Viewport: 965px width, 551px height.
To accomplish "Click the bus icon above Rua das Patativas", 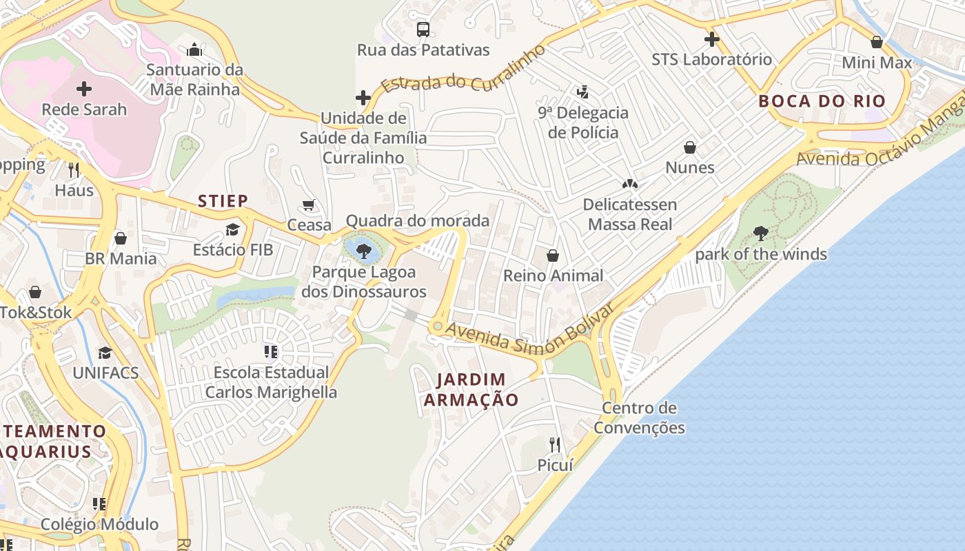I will click(423, 29).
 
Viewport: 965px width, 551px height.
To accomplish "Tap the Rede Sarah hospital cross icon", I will click(84, 89).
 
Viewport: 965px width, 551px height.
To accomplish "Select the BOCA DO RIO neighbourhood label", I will click(822, 101).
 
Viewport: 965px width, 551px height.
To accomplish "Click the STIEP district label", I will click(223, 201).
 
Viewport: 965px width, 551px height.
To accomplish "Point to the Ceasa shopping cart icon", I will click(309, 205).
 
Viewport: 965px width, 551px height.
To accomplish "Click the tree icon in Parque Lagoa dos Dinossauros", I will click(364, 251).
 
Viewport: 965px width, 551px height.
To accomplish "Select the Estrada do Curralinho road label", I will click(463, 70).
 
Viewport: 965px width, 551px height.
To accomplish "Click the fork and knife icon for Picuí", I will click(555, 444).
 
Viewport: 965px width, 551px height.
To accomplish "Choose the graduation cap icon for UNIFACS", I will click(105, 353).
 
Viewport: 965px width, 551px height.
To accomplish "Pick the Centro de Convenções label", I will click(639, 417).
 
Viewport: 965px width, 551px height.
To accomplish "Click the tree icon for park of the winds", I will click(761, 233).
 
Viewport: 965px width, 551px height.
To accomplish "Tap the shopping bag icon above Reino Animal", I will click(553, 256).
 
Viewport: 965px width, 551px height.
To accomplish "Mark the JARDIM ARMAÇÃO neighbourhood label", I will click(471, 389).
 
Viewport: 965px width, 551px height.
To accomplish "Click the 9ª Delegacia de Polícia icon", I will click(583, 91).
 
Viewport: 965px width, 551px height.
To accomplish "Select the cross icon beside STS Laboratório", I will click(712, 39).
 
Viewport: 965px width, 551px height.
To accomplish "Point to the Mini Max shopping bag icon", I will click(877, 42).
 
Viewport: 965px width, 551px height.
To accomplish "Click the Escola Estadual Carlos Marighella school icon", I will click(271, 352).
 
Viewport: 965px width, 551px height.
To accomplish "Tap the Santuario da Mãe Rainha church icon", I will click(194, 50).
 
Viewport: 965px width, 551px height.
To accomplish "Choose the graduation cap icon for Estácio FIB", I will click(233, 229).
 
